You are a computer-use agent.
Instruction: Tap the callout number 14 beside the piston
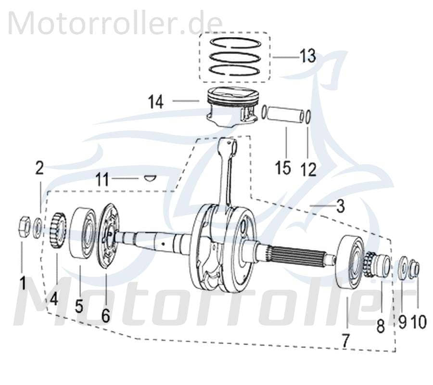156,102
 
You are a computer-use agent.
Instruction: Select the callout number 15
283,168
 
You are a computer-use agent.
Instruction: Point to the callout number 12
308,168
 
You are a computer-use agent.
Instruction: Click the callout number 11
102,180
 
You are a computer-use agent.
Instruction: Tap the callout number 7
346,340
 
